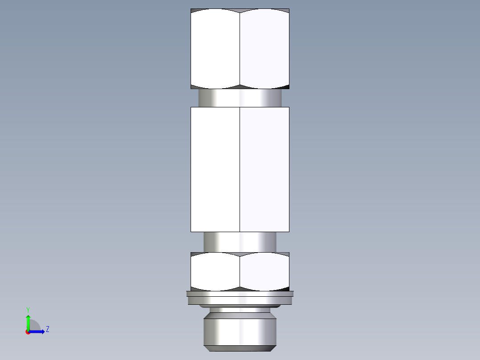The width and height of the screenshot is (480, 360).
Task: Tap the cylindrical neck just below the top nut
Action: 240,97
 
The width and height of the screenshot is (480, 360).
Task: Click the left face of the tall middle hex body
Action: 215,169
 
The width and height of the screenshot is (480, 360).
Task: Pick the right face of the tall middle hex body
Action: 264,169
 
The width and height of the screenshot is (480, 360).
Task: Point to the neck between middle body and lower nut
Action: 240,241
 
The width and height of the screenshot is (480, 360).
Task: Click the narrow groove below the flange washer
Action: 240,309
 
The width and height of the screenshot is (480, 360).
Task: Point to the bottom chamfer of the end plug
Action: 240,348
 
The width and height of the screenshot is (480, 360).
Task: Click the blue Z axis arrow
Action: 38,331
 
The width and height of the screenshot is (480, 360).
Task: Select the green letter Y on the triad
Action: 28,309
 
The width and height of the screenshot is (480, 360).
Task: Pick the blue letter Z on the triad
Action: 47,329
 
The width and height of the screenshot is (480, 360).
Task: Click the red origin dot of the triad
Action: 28,332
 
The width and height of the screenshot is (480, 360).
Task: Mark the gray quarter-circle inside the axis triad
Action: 34,326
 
